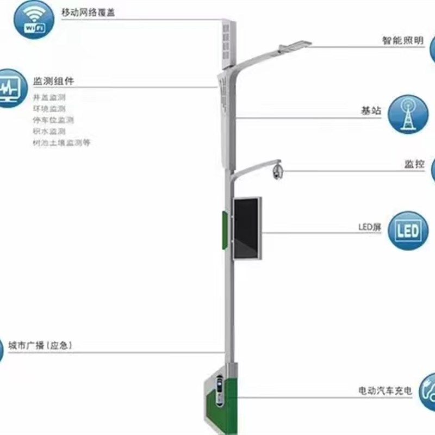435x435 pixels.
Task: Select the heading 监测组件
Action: [x=53, y=81]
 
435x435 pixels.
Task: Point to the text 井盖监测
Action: [x=49, y=97]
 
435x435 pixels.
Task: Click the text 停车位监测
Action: [x=53, y=120]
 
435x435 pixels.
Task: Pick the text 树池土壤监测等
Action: [x=61, y=142]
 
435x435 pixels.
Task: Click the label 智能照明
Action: [x=402, y=41]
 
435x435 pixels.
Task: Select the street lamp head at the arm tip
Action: [x=294, y=46]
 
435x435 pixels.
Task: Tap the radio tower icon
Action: [x=408, y=114]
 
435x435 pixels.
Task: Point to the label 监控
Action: [x=414, y=164]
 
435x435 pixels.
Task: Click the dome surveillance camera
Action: [x=277, y=171]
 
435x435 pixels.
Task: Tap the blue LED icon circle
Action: [x=408, y=231]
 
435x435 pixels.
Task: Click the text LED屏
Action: [x=369, y=227]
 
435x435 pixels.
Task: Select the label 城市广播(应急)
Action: [x=40, y=345]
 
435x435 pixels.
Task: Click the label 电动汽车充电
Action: [x=385, y=390]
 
